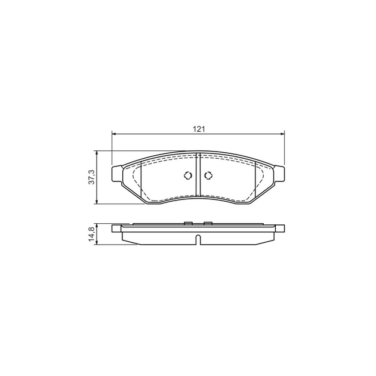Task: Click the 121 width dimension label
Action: pos(199,130)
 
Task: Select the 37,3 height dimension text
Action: pos(91,177)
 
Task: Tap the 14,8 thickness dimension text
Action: pos(91,234)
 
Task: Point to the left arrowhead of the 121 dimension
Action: pos(115,134)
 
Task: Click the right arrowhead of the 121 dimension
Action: pos(282,134)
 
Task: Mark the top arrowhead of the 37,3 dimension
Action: pos(97,153)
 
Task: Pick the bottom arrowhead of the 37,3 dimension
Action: pos(97,202)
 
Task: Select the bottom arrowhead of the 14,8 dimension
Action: pos(97,242)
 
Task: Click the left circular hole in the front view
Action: pos(188,176)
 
